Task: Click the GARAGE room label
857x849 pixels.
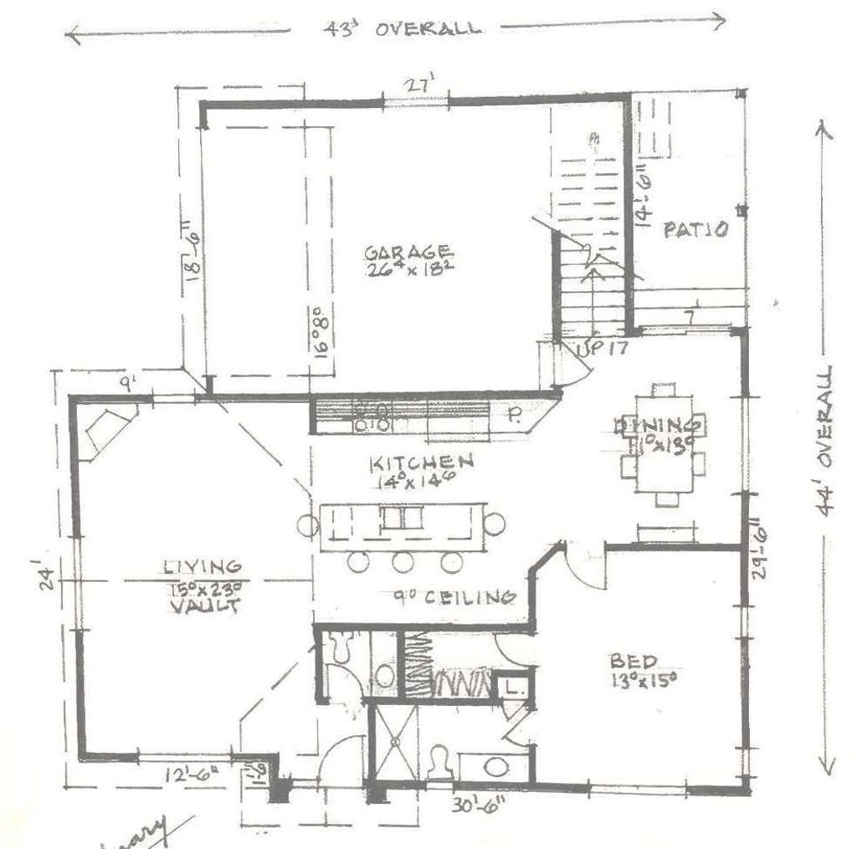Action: click(x=409, y=252)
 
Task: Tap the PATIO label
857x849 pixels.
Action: click(x=696, y=230)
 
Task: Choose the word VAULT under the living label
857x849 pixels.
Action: click(x=201, y=606)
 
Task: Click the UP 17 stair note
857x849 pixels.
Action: click(x=602, y=349)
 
